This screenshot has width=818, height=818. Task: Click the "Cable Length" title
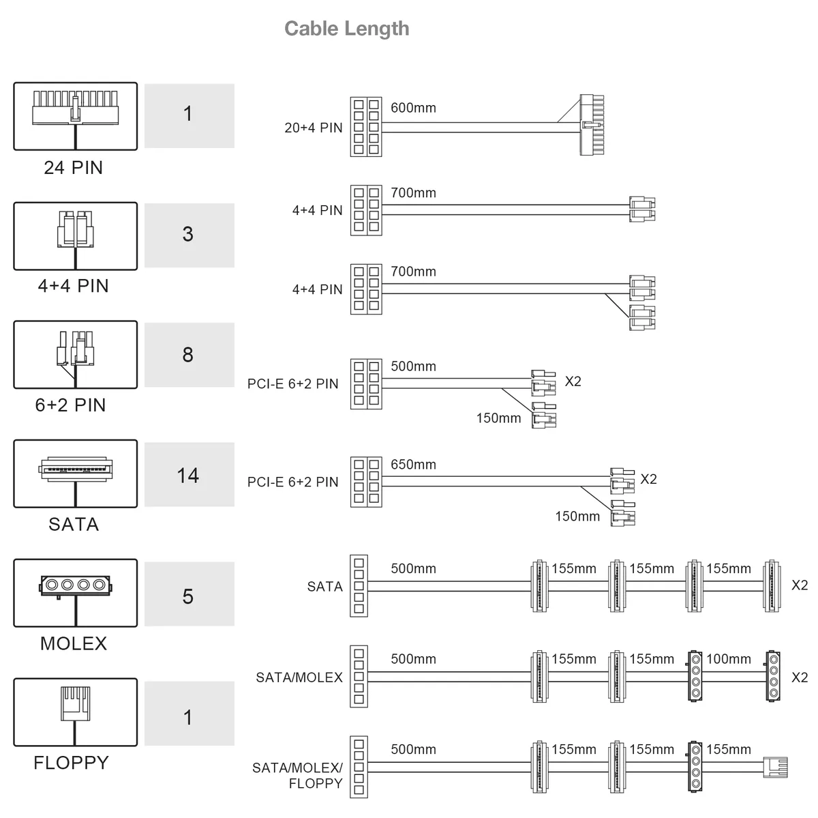tap(346, 29)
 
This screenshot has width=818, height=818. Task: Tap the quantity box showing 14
tap(190, 474)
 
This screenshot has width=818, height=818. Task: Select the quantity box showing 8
tap(190, 354)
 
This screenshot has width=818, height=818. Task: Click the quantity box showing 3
tap(190, 235)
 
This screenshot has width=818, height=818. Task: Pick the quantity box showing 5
tap(190, 594)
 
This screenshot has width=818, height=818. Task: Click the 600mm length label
tap(413, 108)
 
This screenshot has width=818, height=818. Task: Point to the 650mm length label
tap(413, 465)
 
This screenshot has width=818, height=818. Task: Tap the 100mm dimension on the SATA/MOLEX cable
tap(729, 658)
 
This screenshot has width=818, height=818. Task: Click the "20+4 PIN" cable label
tap(314, 128)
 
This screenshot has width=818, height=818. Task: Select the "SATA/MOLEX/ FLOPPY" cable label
tap(298, 775)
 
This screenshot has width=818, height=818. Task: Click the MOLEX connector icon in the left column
tap(76, 593)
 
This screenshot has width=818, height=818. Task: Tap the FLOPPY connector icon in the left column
tap(76, 712)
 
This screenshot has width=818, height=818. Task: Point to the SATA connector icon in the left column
tap(76, 473)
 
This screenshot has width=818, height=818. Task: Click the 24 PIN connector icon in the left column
tap(76, 116)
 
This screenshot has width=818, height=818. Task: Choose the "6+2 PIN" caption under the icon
tap(70, 405)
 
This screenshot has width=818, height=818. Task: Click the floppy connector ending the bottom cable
tap(775, 767)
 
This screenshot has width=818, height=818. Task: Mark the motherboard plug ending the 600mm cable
tap(592, 125)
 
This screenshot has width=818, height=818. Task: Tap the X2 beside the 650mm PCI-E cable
tap(648, 479)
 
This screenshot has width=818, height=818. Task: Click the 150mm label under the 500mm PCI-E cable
tap(498, 418)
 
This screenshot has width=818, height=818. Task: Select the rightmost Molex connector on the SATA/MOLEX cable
tap(773, 676)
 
